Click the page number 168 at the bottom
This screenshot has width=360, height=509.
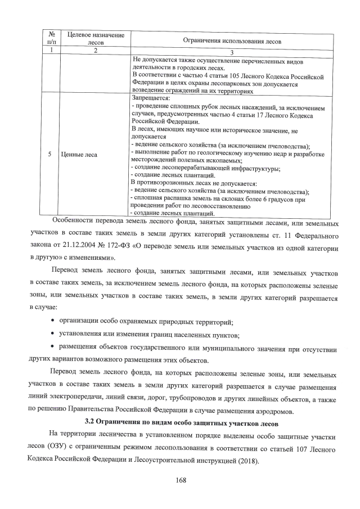[181, 480]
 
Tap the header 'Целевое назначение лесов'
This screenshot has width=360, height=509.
[96, 38]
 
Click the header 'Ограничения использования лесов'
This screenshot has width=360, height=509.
[232, 41]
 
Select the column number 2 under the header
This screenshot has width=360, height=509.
[96, 51]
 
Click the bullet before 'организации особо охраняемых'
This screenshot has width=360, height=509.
[52, 322]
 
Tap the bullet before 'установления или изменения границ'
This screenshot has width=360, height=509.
[52, 335]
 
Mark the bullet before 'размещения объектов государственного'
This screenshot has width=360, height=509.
[52, 349]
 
